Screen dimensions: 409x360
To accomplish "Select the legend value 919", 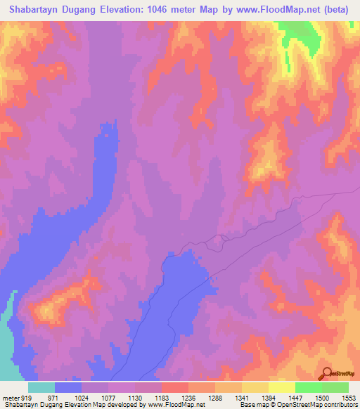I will [27, 397].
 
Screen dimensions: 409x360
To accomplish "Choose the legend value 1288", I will [214, 397].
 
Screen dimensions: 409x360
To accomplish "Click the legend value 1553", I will [348, 397].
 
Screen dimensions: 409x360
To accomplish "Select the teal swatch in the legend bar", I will [41, 387].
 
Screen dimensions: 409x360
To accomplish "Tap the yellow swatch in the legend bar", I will [281, 387].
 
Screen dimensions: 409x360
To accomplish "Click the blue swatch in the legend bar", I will [68, 387].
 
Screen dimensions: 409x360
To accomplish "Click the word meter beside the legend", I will [9, 397].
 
